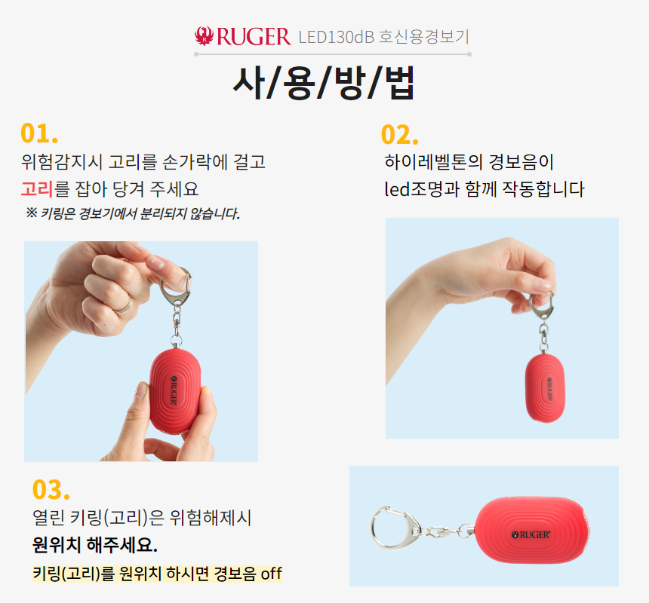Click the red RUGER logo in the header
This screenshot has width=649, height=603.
(242, 35)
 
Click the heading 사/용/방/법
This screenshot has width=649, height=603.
(324, 83)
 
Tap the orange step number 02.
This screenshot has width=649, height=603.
(400, 134)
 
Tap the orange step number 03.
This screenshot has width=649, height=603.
(51, 489)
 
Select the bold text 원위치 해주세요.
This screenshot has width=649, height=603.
(95, 544)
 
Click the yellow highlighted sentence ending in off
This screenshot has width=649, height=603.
(157, 574)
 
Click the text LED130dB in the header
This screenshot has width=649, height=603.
(332, 36)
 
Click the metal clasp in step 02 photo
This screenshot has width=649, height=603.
(542, 305)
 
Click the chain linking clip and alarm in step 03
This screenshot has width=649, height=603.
(444, 530)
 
